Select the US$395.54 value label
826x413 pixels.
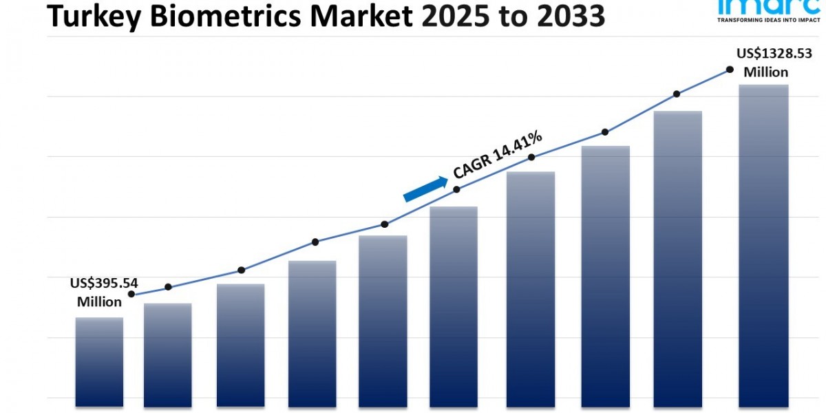click(x=103, y=292)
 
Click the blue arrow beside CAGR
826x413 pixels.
click(x=425, y=188)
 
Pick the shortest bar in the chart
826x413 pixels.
click(x=99, y=361)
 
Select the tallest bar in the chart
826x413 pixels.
click(x=763, y=244)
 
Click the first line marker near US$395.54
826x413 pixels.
click(x=131, y=294)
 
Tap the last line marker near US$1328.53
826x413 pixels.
click(x=730, y=70)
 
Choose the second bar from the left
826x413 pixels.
click(x=168, y=354)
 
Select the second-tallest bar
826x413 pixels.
click(x=677, y=258)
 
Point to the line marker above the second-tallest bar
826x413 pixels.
click(x=677, y=94)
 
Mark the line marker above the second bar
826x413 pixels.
click(x=169, y=287)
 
